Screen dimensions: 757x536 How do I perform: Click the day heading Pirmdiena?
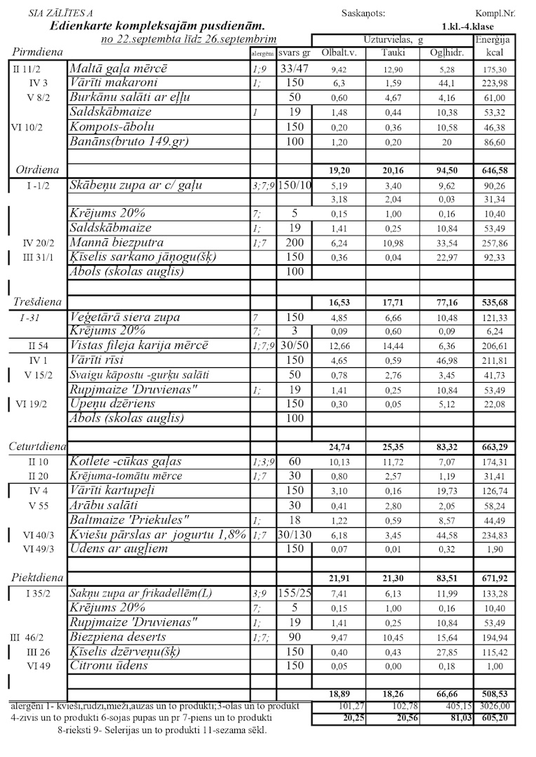[38, 53]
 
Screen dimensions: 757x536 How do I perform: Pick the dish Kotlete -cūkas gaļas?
[126, 461]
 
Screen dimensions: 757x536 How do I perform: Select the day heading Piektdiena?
[38, 578]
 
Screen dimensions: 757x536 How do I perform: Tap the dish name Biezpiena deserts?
[118, 636]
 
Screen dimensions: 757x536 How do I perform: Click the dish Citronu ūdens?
[109, 665]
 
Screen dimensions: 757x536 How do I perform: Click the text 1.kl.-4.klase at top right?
[467, 27]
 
